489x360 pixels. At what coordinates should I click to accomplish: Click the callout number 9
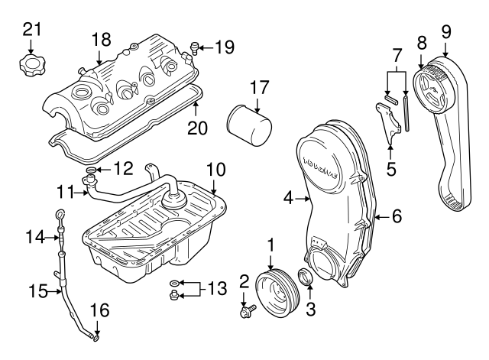446,31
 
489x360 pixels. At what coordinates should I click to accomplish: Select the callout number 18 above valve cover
102,38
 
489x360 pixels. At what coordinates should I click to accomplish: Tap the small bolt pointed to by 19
196,50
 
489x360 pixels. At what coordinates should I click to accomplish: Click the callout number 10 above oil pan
215,167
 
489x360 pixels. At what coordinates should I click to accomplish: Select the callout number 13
217,288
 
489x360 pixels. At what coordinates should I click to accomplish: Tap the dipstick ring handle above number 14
61,214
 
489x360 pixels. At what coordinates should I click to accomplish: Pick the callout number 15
36,290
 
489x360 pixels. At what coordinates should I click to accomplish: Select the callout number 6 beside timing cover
397,217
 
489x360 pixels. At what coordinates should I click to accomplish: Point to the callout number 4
287,198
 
